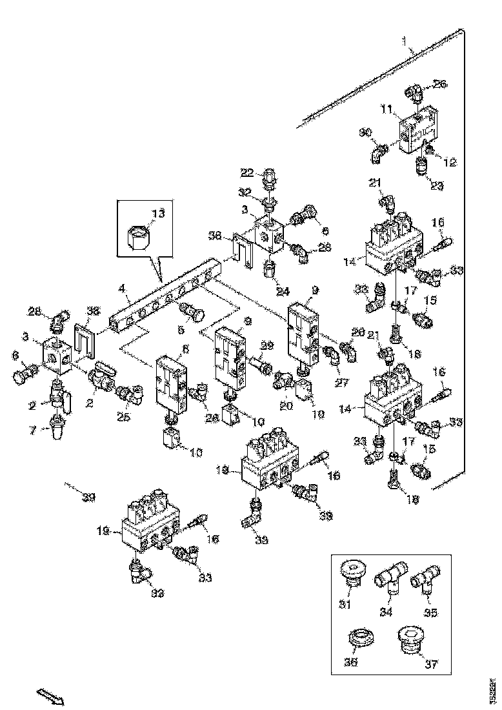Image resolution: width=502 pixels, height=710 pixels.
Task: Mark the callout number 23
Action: pos(437,186)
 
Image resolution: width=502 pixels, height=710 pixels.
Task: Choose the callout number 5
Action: pos(181,329)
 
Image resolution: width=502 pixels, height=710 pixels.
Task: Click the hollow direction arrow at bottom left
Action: pos(49,696)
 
